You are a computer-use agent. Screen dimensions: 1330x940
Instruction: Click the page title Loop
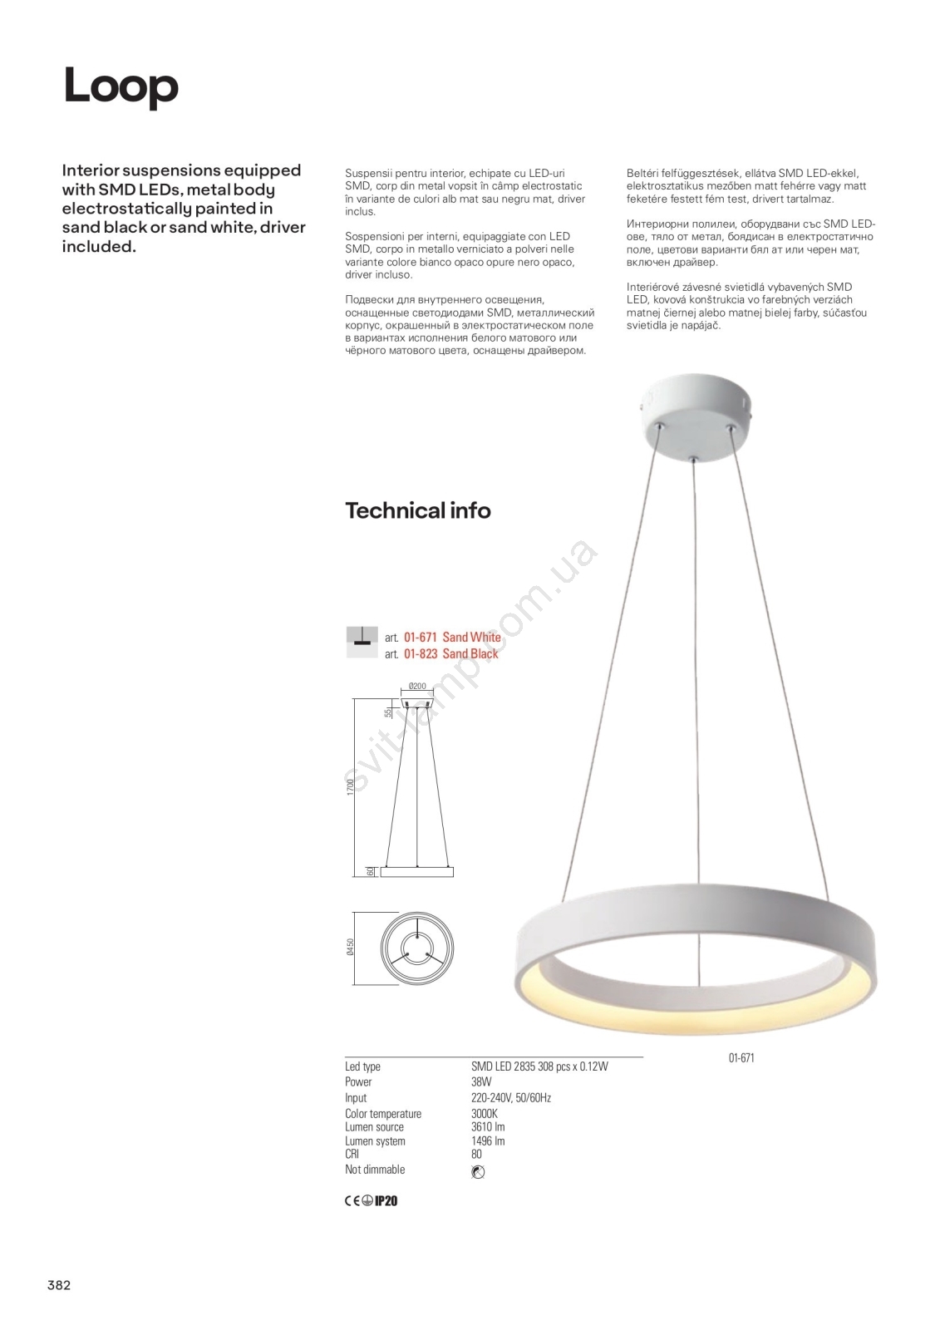click(x=121, y=86)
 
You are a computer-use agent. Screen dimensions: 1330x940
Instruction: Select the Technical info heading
click(x=417, y=510)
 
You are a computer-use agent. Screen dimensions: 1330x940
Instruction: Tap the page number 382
click(x=59, y=1285)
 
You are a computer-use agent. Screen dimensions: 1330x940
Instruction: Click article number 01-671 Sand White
click(x=451, y=638)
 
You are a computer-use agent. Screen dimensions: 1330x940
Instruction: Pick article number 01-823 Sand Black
click(x=450, y=654)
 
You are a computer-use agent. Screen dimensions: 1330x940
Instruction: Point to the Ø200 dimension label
click(x=417, y=687)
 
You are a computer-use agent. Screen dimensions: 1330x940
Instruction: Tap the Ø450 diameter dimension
click(x=351, y=948)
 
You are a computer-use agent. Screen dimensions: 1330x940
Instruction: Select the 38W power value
click(x=481, y=1082)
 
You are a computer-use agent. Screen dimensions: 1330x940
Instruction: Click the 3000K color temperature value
click(x=484, y=1114)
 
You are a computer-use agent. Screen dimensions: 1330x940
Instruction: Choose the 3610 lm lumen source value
click(x=488, y=1127)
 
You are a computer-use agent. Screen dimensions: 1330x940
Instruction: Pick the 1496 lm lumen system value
click(x=488, y=1141)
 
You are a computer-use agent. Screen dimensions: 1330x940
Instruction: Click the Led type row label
click(x=362, y=1066)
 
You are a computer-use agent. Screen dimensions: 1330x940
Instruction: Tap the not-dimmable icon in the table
click(x=477, y=1172)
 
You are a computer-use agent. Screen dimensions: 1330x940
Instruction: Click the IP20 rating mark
click(x=386, y=1200)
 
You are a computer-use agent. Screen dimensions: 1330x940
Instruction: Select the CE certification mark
click(x=352, y=1200)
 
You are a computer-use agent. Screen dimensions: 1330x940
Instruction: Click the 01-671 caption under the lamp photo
click(x=741, y=1058)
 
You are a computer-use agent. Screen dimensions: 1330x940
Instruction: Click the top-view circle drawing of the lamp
click(x=416, y=948)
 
